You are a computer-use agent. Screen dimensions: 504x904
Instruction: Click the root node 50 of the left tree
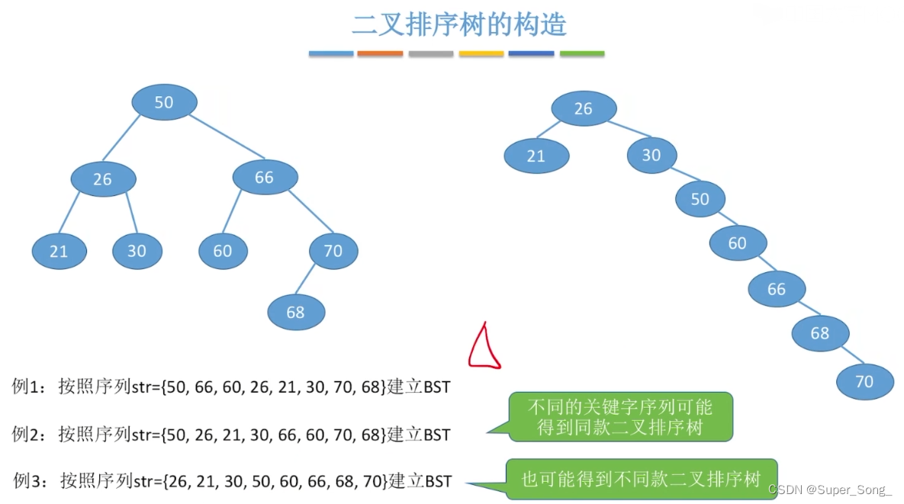164,102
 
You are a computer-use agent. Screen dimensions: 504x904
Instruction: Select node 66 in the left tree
264,178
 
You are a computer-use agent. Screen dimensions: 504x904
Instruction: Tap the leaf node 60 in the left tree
222,251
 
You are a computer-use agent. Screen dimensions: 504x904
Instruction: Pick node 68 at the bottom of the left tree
296,312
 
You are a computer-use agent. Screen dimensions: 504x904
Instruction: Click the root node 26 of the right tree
583,109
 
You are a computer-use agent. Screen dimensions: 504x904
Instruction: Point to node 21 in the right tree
536,156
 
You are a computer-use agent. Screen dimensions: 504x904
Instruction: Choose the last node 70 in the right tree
864,380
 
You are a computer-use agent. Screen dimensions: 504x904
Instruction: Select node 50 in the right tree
700,199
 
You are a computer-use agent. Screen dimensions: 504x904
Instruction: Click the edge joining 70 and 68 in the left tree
314,277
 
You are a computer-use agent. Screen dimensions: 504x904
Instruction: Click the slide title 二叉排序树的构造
459,24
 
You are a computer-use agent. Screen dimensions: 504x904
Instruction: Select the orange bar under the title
379,54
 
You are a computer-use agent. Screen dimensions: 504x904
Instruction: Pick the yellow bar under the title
481,54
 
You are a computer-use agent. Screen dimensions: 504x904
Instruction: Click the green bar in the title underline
582,54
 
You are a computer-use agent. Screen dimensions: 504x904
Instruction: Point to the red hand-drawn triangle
484,347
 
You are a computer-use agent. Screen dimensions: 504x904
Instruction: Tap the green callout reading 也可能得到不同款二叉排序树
641,479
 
